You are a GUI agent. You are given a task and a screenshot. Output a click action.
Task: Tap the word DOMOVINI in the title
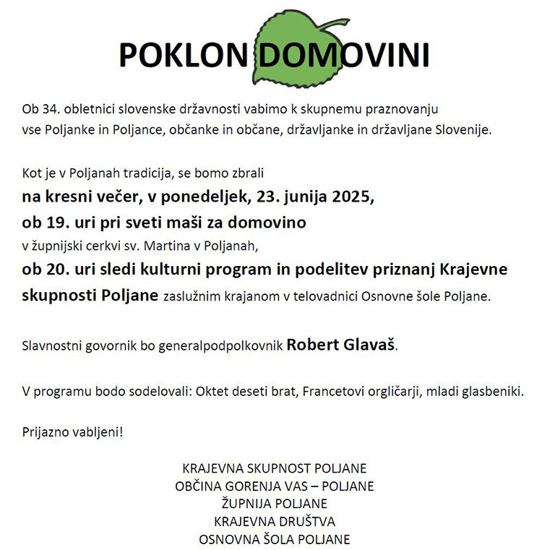point(344,54)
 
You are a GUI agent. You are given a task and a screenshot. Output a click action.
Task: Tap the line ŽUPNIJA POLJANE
point(274,503)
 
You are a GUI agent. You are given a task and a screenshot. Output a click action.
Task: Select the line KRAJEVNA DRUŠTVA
point(275,521)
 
